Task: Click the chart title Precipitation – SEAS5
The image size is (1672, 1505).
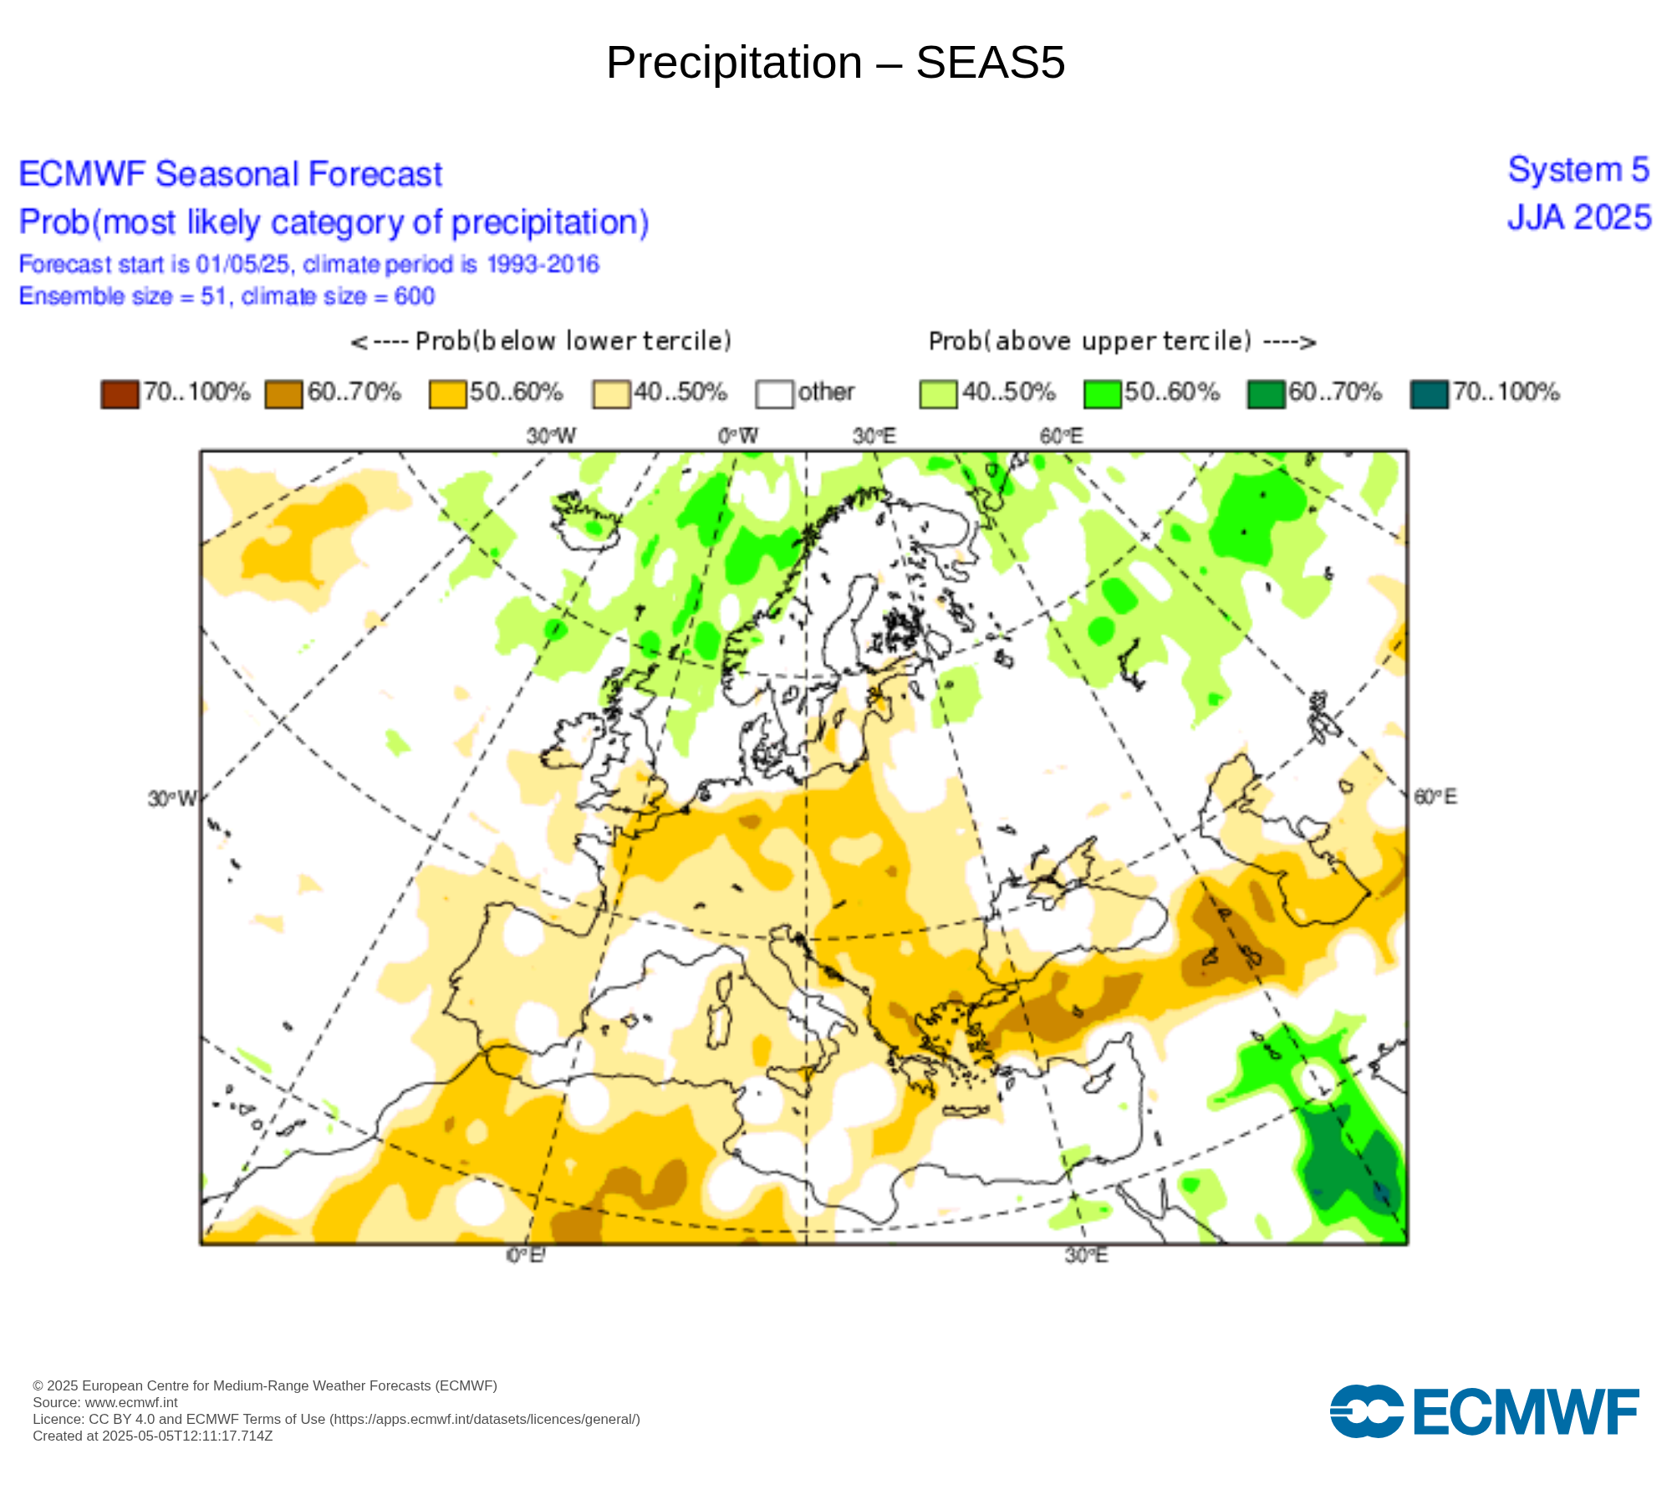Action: (x=835, y=63)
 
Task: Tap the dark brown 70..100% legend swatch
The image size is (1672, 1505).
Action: (x=120, y=394)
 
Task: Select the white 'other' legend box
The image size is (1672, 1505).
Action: (x=774, y=394)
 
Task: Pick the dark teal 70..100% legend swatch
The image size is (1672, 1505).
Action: (x=1429, y=394)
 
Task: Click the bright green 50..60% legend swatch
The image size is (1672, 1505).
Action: (x=1102, y=394)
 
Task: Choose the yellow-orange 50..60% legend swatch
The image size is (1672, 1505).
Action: (x=447, y=394)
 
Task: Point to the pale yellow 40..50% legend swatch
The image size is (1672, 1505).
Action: (x=611, y=394)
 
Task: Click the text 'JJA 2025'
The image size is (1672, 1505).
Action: (x=1578, y=218)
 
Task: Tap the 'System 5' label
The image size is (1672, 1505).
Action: (x=1578, y=171)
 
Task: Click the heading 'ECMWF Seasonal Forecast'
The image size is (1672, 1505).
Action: (x=230, y=175)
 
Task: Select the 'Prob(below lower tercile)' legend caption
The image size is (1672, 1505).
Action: (x=542, y=341)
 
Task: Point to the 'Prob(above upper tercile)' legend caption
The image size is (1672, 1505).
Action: (x=1122, y=341)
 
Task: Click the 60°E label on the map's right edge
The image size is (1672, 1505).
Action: (x=1435, y=797)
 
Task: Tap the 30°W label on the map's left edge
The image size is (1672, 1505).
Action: (x=171, y=798)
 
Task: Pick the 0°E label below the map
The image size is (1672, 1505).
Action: (x=526, y=1256)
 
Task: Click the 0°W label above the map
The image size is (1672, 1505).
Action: (x=738, y=436)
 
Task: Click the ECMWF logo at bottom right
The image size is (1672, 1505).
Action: (x=1484, y=1412)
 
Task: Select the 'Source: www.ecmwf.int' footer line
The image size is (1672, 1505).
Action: (x=105, y=1402)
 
